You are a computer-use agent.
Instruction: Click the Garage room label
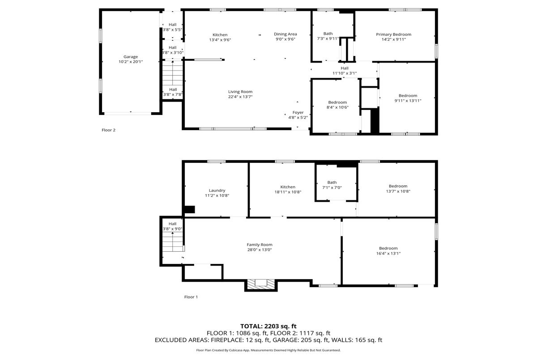[x=131, y=57]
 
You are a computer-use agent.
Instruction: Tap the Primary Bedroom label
[x=394, y=34]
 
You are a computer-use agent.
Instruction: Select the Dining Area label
[x=286, y=34]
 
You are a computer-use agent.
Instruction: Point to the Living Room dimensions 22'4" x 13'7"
[x=240, y=97]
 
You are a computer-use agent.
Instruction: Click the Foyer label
[x=298, y=113]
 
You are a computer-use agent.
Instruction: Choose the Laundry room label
[x=217, y=191]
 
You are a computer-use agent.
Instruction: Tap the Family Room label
[x=260, y=245]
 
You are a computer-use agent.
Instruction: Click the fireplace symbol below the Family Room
[x=261, y=284]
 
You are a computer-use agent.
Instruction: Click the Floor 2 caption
[x=108, y=130]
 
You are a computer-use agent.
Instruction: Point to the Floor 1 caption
[x=191, y=297]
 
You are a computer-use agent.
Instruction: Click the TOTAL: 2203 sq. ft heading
[x=268, y=326]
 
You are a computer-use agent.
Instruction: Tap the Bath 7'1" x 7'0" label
[x=332, y=185]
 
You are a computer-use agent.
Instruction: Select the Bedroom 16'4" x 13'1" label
[x=388, y=251]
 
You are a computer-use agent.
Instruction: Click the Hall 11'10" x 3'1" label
[x=345, y=71]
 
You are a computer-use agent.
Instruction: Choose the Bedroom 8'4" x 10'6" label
[x=337, y=105]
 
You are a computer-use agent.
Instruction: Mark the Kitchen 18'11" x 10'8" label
[x=288, y=190]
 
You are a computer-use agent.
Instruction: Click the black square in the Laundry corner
[x=189, y=209]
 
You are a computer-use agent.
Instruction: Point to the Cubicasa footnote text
[x=268, y=350]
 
